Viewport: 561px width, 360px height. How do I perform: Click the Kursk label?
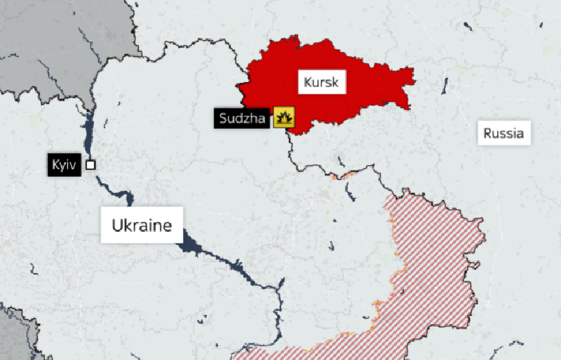tap(321, 82)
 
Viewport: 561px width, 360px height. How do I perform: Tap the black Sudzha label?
tap(242, 118)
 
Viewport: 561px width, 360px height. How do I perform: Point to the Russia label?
tap(503, 133)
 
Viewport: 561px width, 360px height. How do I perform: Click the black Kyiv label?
tap(65, 166)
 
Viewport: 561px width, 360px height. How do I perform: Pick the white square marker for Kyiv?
tap(90, 165)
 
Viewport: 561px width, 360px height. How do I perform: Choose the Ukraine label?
tap(142, 225)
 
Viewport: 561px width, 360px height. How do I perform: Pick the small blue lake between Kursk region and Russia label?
tap(445, 86)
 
